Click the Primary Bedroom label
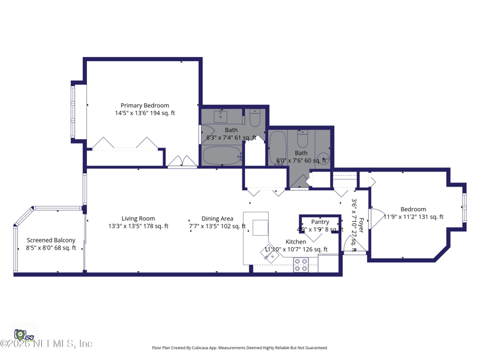(145, 106)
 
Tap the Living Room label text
(138, 219)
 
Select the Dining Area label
(217, 219)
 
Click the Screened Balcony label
(51, 241)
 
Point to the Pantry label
(320, 222)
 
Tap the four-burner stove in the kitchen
(301, 265)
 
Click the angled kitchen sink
(271, 254)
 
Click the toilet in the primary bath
(254, 119)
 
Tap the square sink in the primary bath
(220, 116)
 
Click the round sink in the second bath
(323, 159)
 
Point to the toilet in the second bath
(303, 140)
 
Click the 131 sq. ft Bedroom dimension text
(414, 217)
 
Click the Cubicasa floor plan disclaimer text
(240, 347)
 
